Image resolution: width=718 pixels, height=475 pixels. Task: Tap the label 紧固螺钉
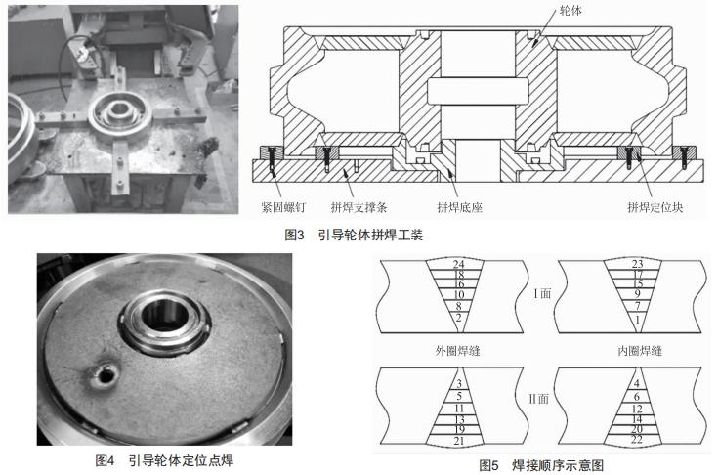coord(286,207)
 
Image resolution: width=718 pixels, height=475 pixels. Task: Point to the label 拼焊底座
coord(463,207)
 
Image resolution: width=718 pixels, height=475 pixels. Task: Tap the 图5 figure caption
coord(541,466)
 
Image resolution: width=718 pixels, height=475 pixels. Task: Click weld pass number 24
coord(458,265)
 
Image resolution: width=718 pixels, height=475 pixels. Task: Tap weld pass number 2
coord(458,319)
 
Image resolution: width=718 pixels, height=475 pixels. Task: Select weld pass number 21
coord(458,443)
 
